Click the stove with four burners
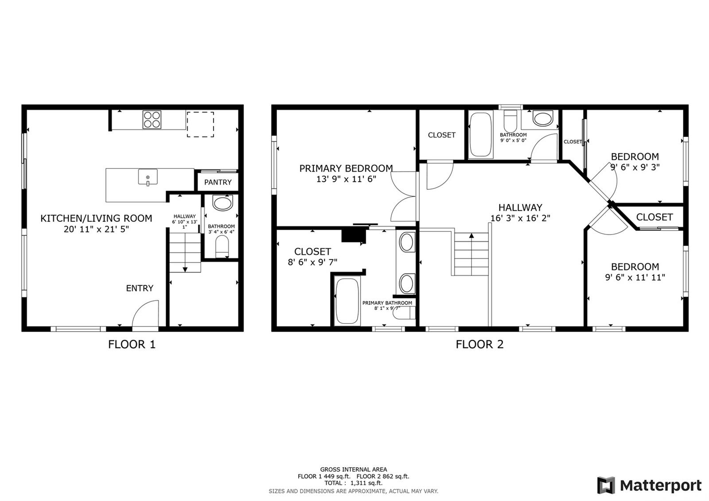(x=152, y=119)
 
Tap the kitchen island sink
(x=148, y=177)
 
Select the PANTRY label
(x=218, y=182)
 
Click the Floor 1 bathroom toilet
(x=222, y=247)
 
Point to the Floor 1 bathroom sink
(x=222, y=203)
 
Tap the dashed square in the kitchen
(x=200, y=125)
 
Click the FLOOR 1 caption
(x=132, y=344)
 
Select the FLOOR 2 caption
(x=479, y=344)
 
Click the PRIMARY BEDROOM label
(x=346, y=168)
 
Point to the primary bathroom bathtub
(x=347, y=301)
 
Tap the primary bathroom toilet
(x=404, y=313)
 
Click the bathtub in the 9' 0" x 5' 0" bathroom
(x=480, y=135)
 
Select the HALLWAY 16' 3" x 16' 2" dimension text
(x=520, y=218)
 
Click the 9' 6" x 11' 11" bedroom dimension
(x=635, y=278)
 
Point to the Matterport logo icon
(x=606, y=485)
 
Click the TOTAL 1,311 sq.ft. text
(x=353, y=483)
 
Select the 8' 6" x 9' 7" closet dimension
(x=312, y=262)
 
